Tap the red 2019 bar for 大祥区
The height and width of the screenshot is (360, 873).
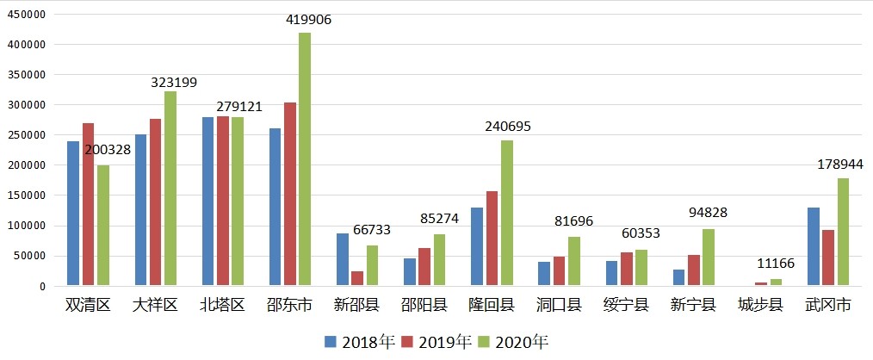point(155,202)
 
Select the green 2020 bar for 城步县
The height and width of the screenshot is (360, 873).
point(775,282)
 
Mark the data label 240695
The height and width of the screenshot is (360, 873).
point(508,126)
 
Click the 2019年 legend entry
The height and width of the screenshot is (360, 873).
point(437,342)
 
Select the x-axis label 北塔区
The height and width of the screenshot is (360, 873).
point(222,306)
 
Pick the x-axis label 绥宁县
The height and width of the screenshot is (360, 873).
point(625,306)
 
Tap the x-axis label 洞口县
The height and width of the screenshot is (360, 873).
point(558,306)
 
